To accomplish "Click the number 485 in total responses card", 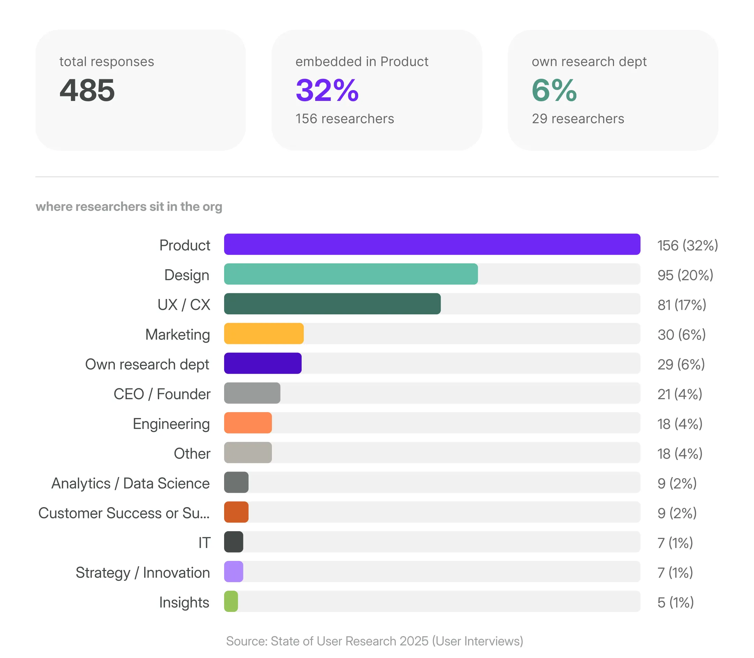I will point(87,90).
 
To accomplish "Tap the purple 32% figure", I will point(327,90).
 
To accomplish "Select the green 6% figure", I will point(554,90).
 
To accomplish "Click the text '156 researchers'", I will point(345,119).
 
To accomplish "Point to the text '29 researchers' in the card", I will point(578,119).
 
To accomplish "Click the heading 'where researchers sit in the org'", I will point(129,207).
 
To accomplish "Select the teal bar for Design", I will point(351,274).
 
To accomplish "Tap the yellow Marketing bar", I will point(264,334).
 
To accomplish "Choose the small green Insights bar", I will point(231,601).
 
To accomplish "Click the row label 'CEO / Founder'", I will point(162,394).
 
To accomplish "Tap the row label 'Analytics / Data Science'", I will point(131,483).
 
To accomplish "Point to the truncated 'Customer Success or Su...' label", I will point(124,513).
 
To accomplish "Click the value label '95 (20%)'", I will point(685,275).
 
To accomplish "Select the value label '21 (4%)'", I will point(680,394).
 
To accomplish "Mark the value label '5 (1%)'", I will point(675,602).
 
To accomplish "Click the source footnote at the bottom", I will point(375,641).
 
